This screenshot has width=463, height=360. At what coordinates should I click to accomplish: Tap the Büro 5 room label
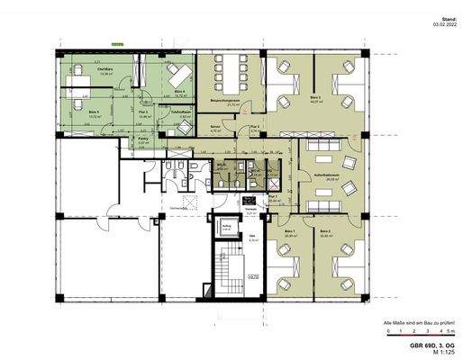pos(93,112)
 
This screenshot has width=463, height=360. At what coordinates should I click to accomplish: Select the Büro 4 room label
pos(180,91)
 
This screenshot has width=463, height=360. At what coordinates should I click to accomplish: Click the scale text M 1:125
pos(436,351)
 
